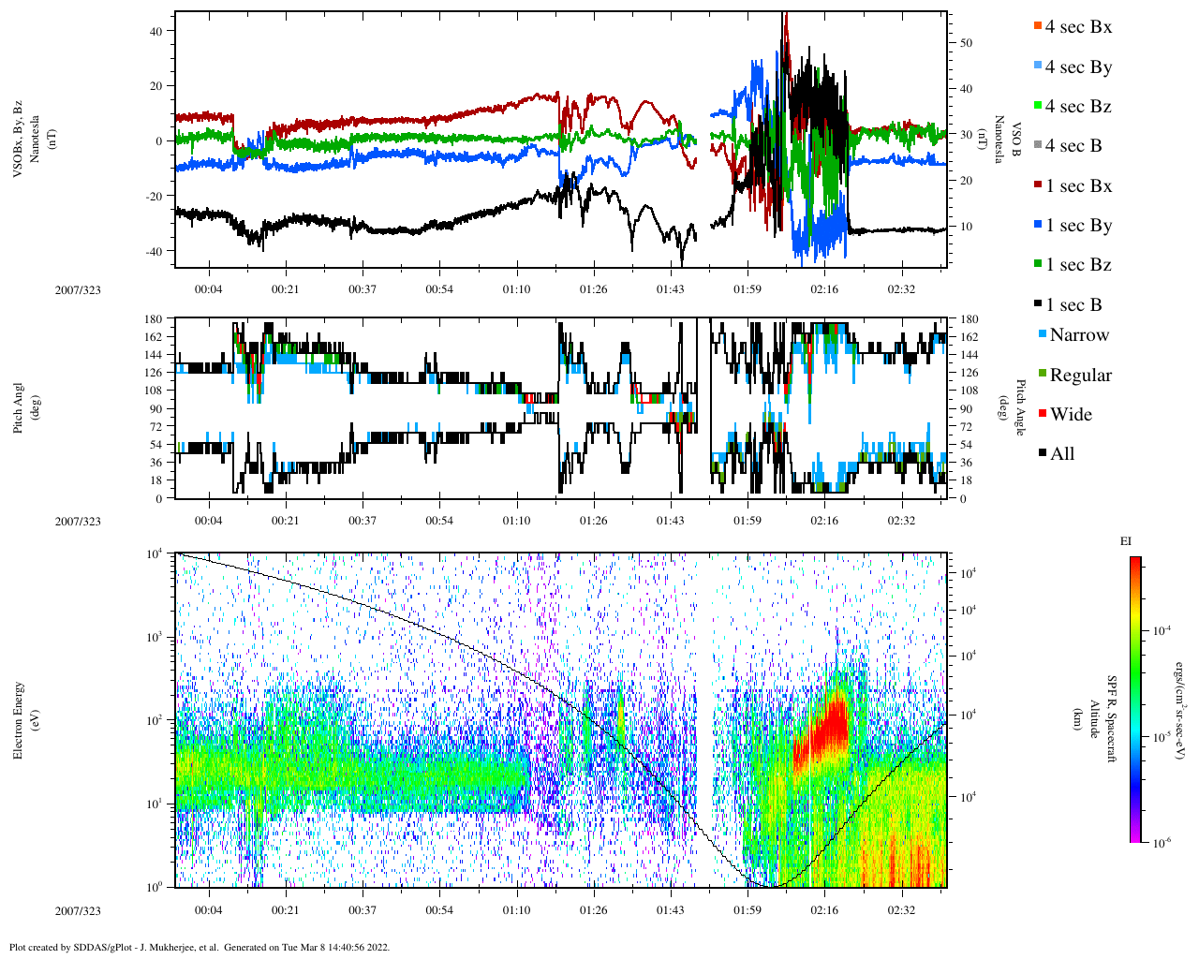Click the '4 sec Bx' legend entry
1078,27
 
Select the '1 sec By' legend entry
1078,226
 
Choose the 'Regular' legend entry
1080,376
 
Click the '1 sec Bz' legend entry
1078,265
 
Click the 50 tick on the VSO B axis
966,43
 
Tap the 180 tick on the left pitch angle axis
154,319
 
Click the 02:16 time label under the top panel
824,289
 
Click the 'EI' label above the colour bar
1126,541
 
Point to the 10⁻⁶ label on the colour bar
1162,843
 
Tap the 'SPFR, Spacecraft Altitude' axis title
1103,718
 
